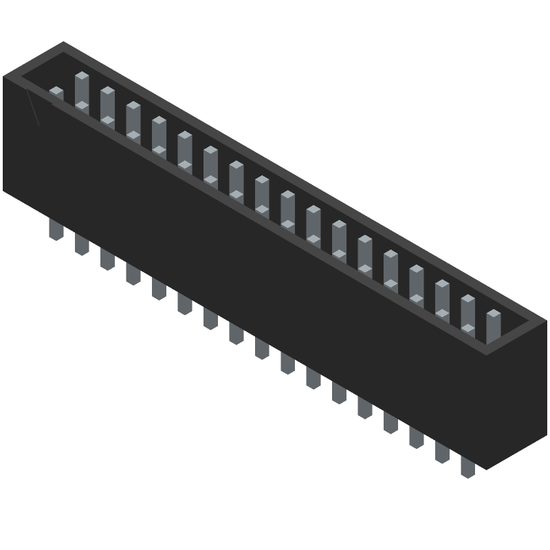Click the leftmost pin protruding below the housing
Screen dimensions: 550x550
[x=56, y=230]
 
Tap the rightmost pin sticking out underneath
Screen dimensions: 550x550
[x=467, y=467]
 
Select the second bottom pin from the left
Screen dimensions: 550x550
[x=82, y=244]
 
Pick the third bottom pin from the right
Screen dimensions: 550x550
[x=417, y=437]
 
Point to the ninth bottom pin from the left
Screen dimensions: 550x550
[x=262, y=348]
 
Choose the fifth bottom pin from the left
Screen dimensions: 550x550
[x=159, y=289]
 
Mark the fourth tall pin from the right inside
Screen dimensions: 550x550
[x=417, y=281]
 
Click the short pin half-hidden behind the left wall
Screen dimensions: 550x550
[x=56, y=94]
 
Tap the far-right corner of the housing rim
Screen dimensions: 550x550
[x=547, y=320]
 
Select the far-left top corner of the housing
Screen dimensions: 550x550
[x=3, y=76]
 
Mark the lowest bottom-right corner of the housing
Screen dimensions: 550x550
[x=487, y=470]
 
